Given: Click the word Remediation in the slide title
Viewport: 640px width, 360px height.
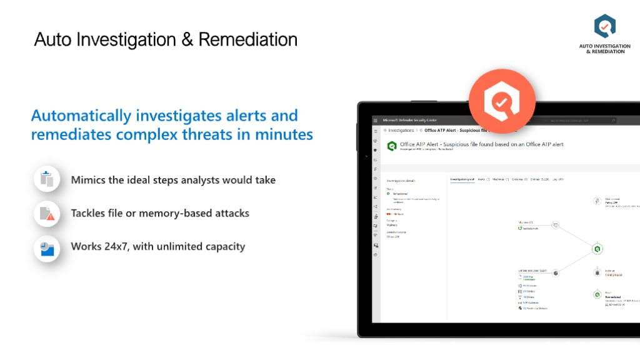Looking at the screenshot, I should pyautogui.click(x=248, y=39).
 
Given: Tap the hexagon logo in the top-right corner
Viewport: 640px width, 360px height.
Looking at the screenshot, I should pyautogui.click(x=604, y=27).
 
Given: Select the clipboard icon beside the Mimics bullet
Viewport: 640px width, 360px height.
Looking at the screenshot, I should pyautogui.click(x=47, y=179).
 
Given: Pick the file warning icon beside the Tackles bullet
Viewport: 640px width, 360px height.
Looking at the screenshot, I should pyautogui.click(x=47, y=214).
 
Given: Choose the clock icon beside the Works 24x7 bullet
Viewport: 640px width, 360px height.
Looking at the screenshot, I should pyautogui.click(x=47, y=247).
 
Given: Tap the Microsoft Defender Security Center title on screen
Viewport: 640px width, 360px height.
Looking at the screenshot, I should pyautogui.click(x=409, y=120).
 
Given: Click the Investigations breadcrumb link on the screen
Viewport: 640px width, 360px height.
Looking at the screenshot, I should pyautogui.click(x=401, y=131).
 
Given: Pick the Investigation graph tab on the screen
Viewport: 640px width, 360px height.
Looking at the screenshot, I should pyautogui.click(x=462, y=179).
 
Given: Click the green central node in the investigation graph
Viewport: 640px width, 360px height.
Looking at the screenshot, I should pyautogui.click(x=597, y=249).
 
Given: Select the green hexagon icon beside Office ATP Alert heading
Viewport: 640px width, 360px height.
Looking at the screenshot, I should pyautogui.click(x=392, y=146).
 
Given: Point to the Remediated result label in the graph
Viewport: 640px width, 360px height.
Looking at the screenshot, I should pyautogui.click(x=612, y=297).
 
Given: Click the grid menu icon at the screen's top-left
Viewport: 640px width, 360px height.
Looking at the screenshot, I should pyautogui.click(x=375, y=120).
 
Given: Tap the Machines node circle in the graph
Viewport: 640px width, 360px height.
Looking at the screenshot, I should pyautogui.click(x=555, y=225).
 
